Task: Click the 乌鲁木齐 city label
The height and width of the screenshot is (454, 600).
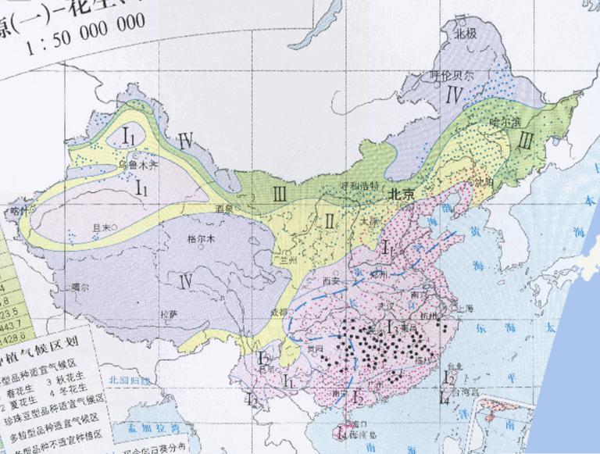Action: pyautogui.click(x=137, y=165)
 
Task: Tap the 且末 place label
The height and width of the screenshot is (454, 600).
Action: pyautogui.click(x=102, y=227)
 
